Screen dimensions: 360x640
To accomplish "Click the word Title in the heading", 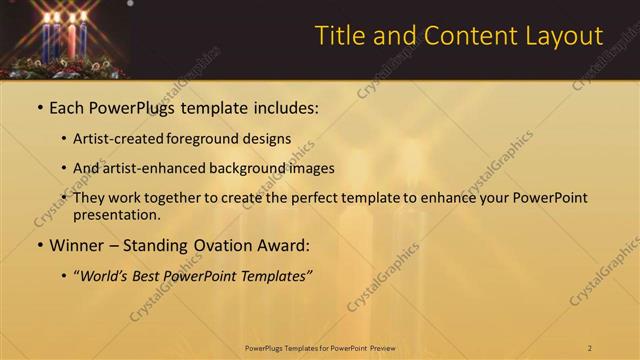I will coord(339,36).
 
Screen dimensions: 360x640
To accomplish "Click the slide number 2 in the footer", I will coord(590,348).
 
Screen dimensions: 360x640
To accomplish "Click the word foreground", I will coord(216,139).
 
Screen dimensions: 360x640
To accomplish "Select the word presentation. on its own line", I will coord(117,214).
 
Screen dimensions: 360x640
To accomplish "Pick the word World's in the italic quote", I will coord(105,276).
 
